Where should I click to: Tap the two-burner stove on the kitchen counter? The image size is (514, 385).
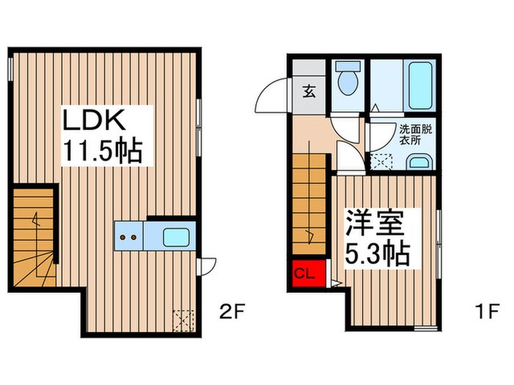click(x=128, y=238)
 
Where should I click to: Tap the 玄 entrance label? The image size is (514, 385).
click(x=309, y=93)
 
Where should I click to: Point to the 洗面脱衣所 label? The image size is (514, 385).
click(x=414, y=136)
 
